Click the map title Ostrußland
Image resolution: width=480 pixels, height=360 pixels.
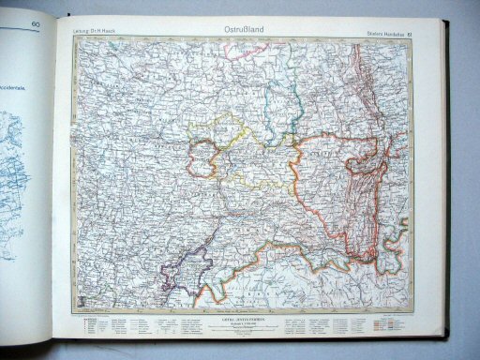pos(242,30)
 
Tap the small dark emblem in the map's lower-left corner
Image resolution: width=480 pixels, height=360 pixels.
pos(82,301)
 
